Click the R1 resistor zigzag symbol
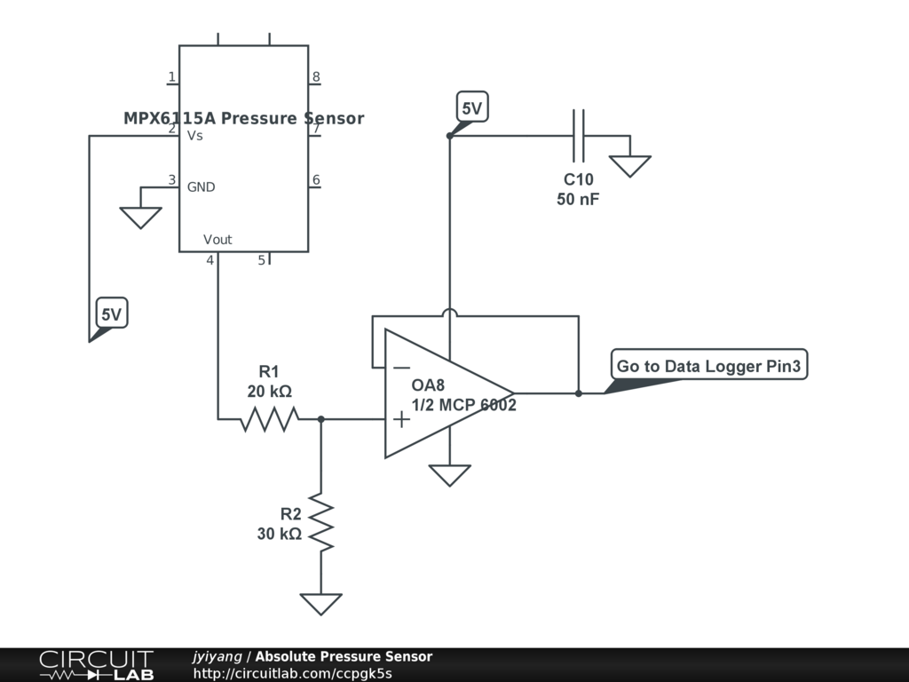pos(270,419)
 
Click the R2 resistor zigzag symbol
pos(321,521)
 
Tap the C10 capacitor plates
pos(579,136)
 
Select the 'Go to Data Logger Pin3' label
pos(709,365)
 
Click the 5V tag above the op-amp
pos(472,107)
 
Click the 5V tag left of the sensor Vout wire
pos(111,313)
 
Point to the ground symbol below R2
pos(321,604)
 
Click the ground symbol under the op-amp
pos(450,475)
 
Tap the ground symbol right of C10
pos(630,166)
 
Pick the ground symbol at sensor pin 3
pos(141,218)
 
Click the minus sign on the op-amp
pos(401,368)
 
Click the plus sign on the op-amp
pos(401,419)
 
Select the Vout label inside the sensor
pos(217,240)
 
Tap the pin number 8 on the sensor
pos(316,76)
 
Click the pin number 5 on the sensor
pos(262,260)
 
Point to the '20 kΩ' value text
pos(270,392)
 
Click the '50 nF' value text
pos(578,199)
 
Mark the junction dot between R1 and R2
pos(321,419)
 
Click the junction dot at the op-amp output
pos(579,393)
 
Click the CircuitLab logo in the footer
pos(97,664)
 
